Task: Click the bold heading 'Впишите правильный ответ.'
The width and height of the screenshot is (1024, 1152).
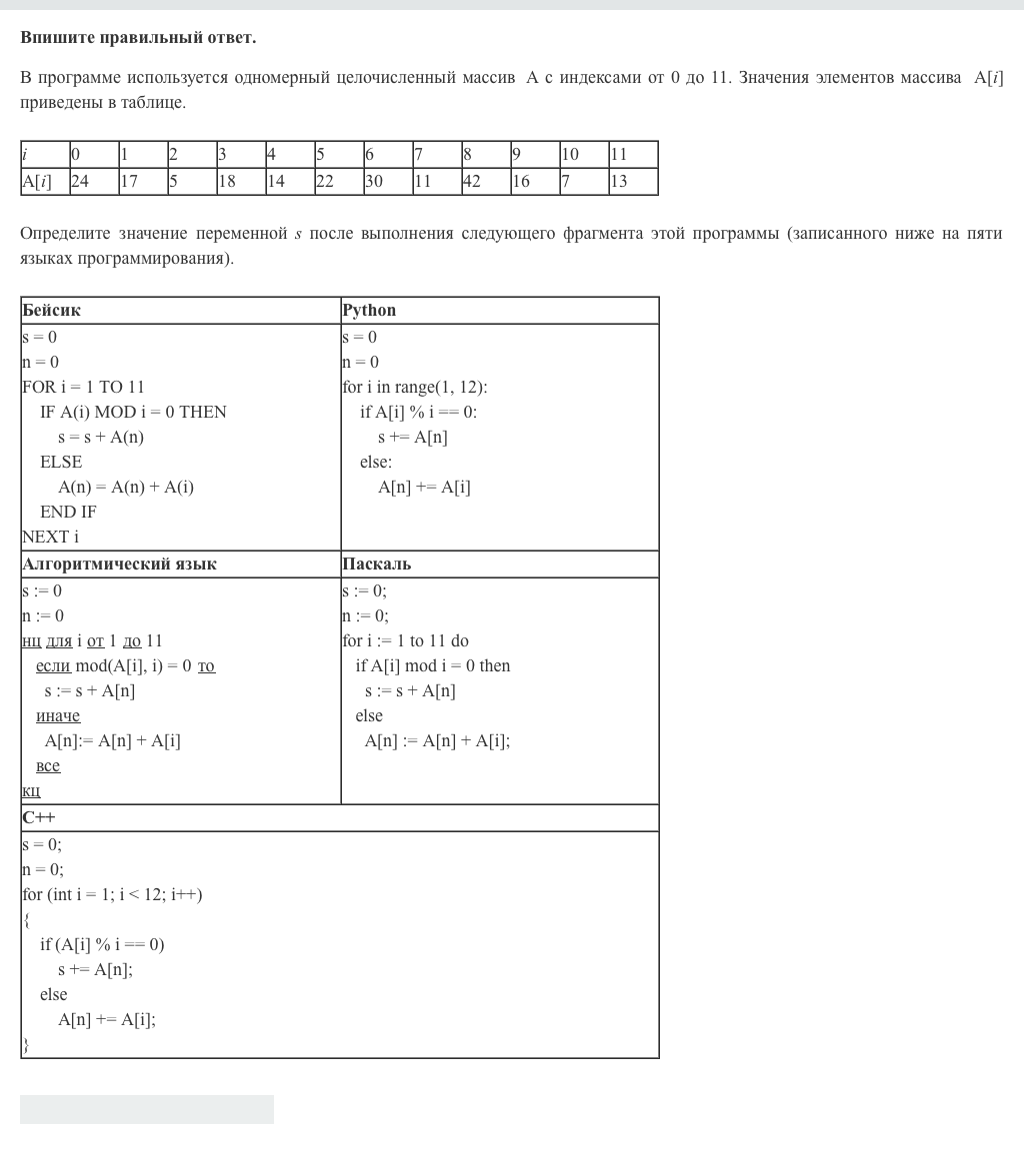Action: click(138, 38)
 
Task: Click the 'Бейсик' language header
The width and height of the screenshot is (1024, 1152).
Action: click(52, 310)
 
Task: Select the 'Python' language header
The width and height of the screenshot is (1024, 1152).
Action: click(369, 310)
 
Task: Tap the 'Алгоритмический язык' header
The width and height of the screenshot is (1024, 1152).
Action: click(119, 564)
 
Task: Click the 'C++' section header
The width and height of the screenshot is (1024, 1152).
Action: click(39, 817)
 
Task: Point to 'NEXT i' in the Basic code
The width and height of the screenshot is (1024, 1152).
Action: click(50, 537)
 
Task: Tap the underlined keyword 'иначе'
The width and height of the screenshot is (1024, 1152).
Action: click(58, 715)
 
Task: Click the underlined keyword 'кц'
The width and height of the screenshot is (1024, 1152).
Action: click(31, 790)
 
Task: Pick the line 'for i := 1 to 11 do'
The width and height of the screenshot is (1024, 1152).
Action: click(405, 640)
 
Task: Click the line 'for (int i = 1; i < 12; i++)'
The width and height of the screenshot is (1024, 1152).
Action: click(112, 894)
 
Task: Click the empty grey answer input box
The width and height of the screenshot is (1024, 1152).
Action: click(147, 1109)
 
